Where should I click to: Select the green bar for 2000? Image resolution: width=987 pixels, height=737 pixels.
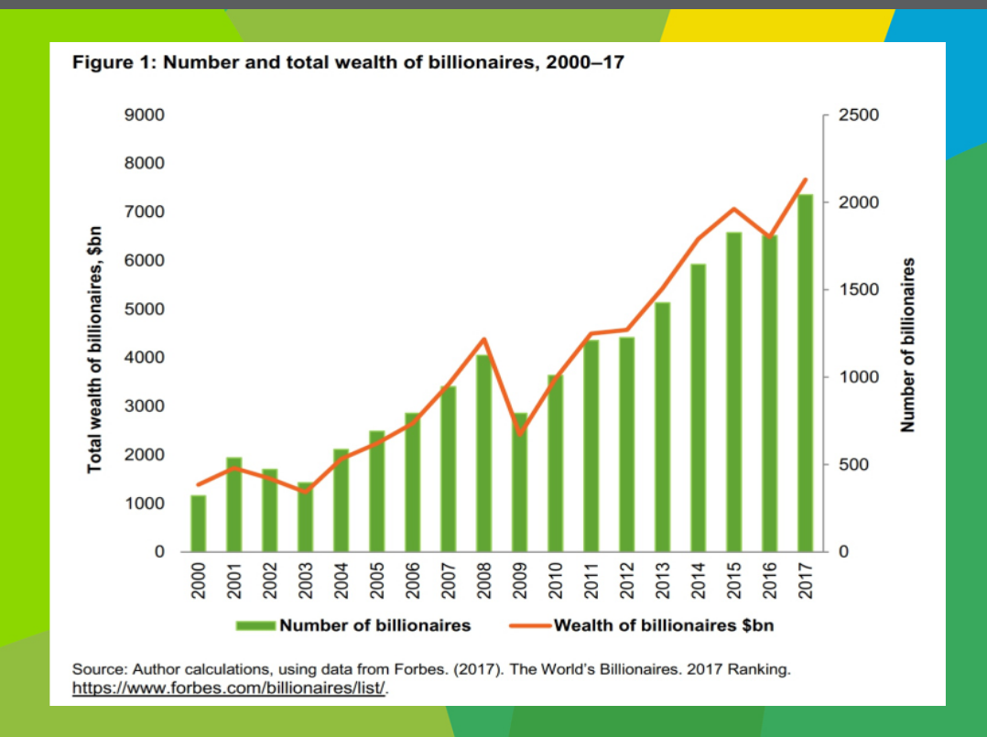(198, 524)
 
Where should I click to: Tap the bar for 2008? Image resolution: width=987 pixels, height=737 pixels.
(483, 453)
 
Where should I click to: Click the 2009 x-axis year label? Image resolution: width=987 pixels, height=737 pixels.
(520, 580)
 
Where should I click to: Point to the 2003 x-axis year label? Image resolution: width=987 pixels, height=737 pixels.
(305, 580)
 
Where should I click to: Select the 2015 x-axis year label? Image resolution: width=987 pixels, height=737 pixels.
(734, 580)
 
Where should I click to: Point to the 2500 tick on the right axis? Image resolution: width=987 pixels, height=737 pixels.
(860, 115)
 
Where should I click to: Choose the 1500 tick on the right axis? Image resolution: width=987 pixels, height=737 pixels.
(860, 290)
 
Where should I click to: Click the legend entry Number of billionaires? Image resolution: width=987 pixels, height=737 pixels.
(374, 626)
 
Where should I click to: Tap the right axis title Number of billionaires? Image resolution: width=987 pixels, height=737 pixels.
(907, 345)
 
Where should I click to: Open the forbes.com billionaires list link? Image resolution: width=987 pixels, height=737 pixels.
(230, 688)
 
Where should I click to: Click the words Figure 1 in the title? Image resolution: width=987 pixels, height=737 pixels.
(108, 65)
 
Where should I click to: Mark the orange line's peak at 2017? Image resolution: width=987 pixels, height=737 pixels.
(806, 179)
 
